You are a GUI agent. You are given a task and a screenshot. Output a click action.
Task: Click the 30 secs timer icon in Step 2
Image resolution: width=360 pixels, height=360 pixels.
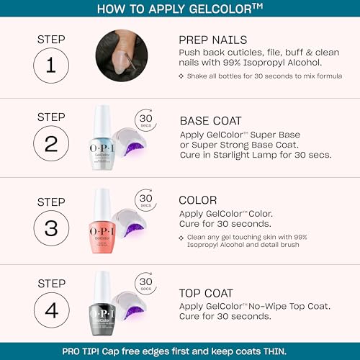(x=146, y=119)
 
